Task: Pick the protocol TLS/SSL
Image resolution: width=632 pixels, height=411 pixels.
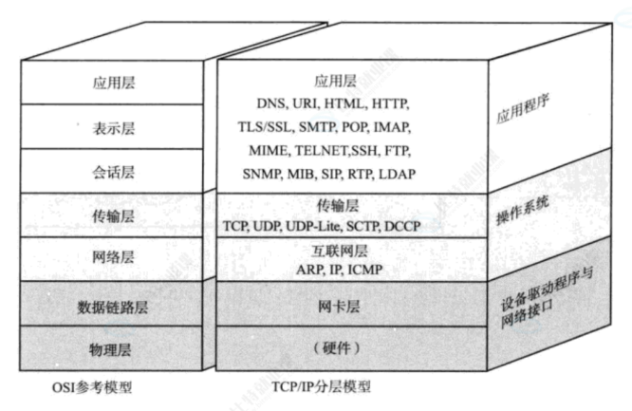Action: pos(266,126)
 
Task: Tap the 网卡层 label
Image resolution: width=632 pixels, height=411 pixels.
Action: pos(339,307)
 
